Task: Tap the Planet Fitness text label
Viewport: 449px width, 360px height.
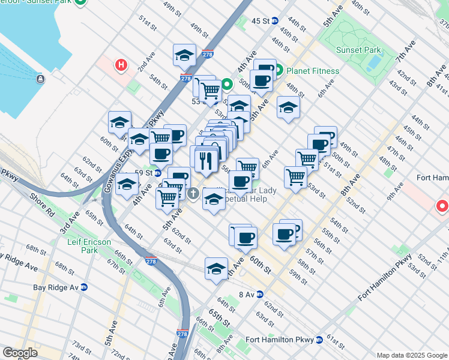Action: point(313,71)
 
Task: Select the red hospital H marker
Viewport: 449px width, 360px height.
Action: point(122,65)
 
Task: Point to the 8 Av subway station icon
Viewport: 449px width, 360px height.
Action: point(260,294)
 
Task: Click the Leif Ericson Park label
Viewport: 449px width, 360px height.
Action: point(81,246)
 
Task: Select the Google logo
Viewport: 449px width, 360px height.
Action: point(20,352)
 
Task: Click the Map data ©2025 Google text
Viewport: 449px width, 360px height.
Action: point(411,355)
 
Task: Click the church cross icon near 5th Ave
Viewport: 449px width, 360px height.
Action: point(193,193)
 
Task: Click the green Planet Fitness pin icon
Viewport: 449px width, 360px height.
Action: point(280,71)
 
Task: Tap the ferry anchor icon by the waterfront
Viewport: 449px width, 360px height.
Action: point(40,79)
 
